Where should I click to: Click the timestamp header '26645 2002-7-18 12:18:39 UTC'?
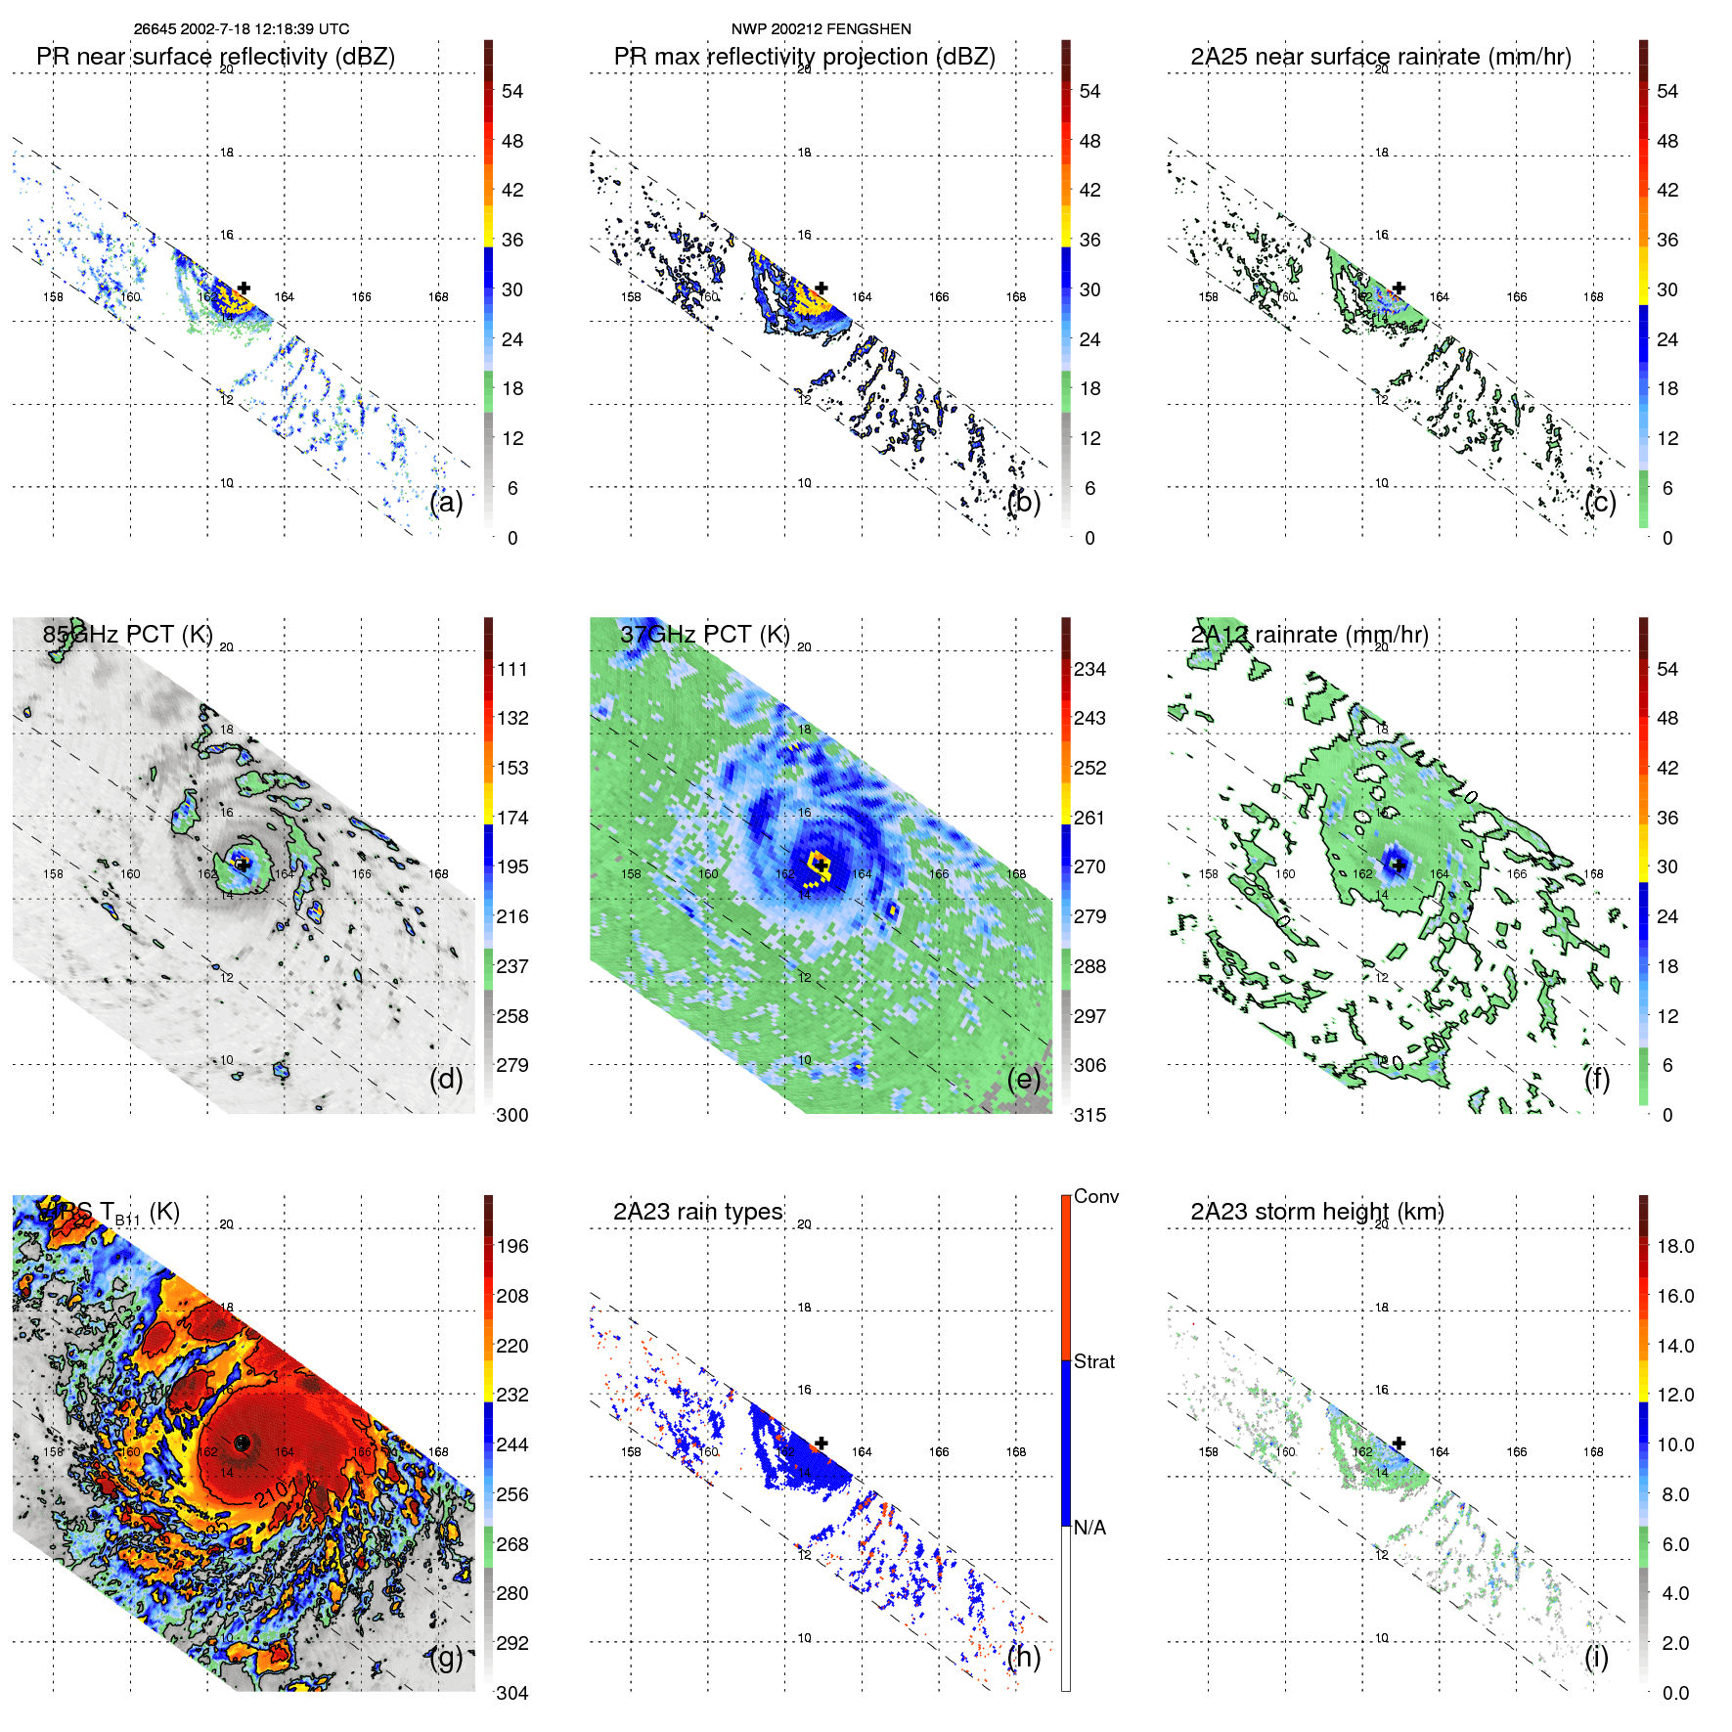click(x=241, y=29)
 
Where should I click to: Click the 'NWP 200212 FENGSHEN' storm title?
click(x=821, y=29)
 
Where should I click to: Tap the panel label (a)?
click(x=446, y=502)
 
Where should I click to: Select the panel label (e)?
click(x=1024, y=1079)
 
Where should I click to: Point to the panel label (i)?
click(x=1596, y=1657)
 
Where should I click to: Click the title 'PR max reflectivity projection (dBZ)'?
click(x=804, y=57)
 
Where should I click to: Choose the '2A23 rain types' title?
click(x=697, y=1212)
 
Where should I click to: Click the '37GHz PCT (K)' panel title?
click(x=704, y=635)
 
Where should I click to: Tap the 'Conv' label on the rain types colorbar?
click(x=1095, y=1196)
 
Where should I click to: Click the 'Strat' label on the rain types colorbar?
click(x=1093, y=1361)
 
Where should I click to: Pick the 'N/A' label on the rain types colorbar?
click(x=1089, y=1528)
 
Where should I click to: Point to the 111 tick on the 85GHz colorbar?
click(x=512, y=669)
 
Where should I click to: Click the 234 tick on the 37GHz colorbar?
click(x=1089, y=669)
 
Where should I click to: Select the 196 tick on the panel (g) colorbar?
click(x=512, y=1246)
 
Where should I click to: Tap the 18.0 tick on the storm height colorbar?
click(x=1674, y=1246)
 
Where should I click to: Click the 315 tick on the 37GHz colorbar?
click(x=1089, y=1115)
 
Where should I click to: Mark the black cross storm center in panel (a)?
click(x=244, y=288)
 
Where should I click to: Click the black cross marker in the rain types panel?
click(x=822, y=1443)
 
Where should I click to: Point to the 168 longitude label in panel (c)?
click(x=1593, y=296)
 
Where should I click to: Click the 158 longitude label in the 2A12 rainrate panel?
click(x=1209, y=873)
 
